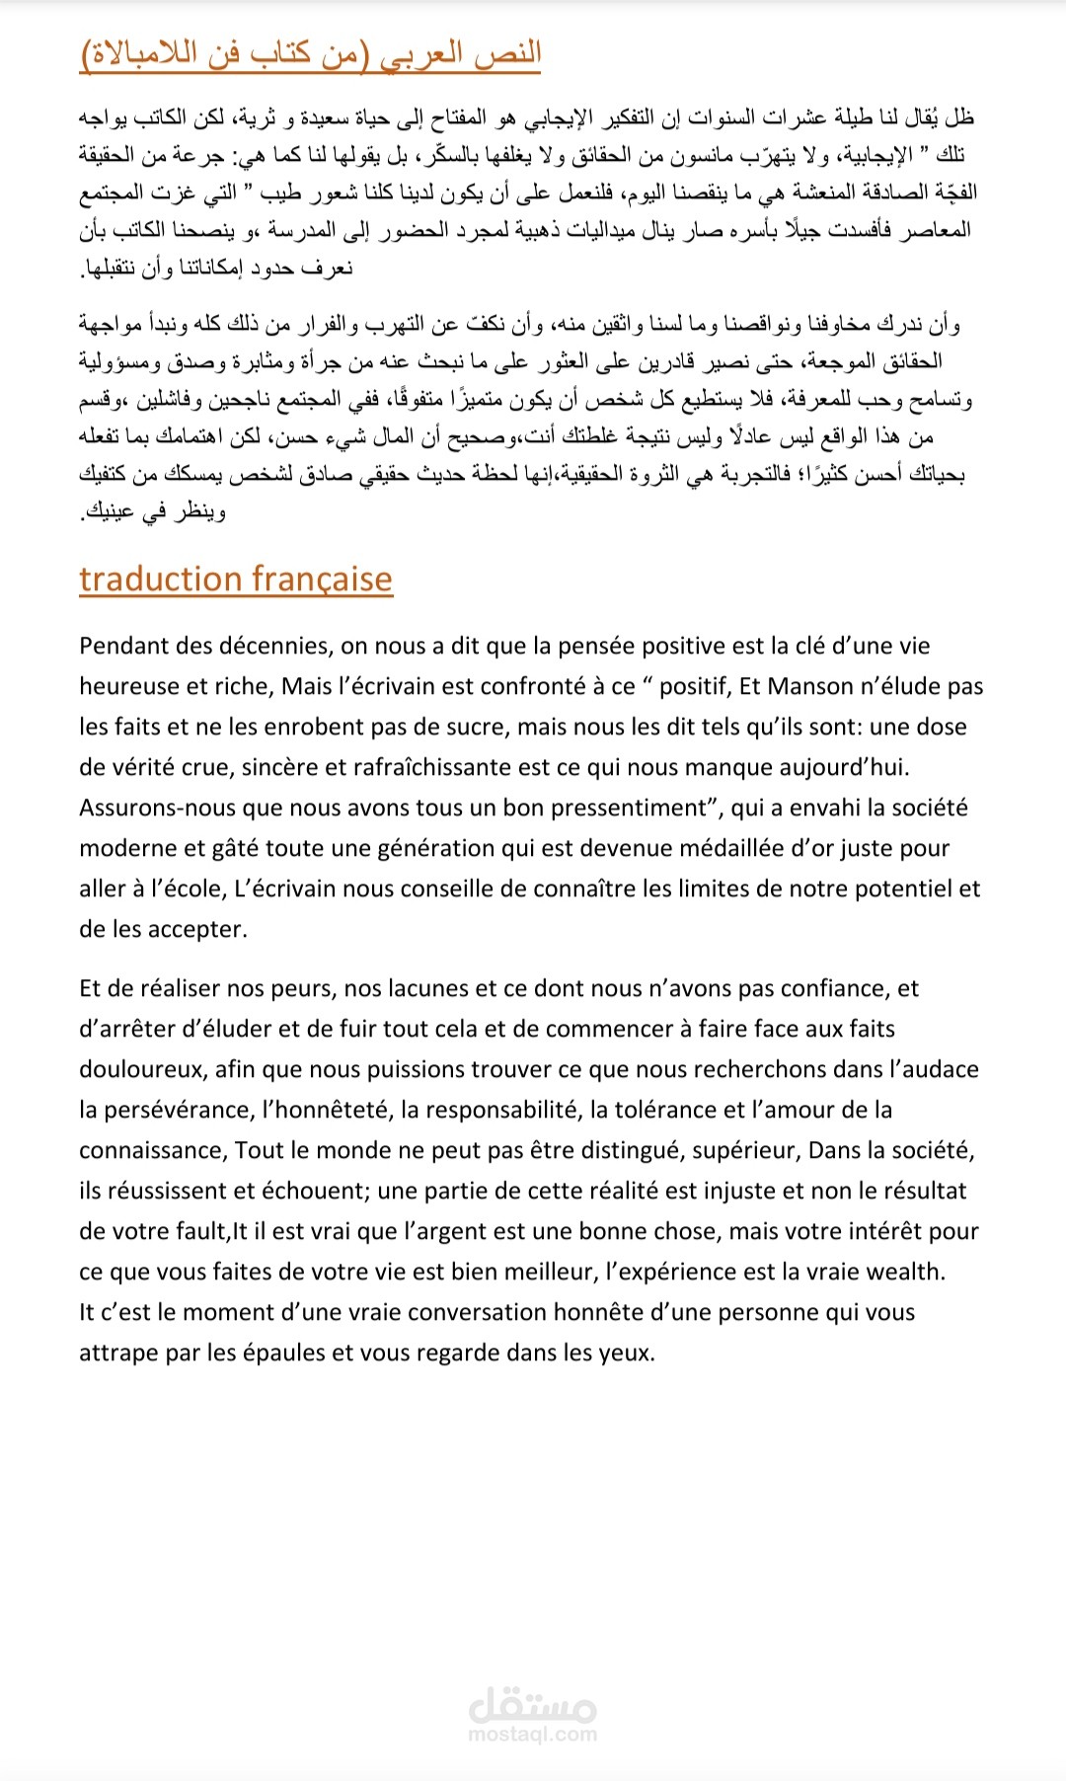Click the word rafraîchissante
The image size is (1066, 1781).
pos(512,767)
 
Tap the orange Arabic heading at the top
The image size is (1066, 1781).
pos(310,53)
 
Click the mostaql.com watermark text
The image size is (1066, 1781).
pos(533,1734)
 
